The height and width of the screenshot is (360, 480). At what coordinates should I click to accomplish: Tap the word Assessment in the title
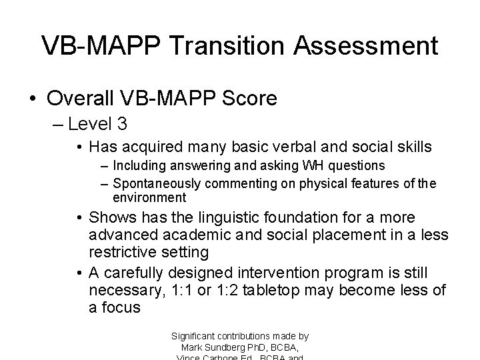[366, 45]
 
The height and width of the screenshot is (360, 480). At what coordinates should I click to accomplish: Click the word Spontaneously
[157, 183]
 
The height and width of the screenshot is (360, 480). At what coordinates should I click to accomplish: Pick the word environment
[149, 197]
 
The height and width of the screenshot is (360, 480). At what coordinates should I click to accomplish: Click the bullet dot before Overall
[33, 98]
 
